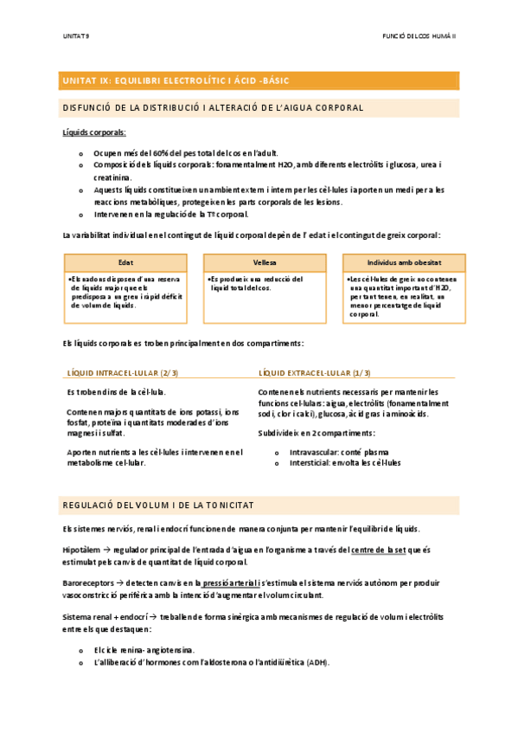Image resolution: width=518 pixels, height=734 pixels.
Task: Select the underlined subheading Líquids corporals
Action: point(94,132)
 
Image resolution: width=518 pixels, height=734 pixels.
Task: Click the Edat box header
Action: point(125,262)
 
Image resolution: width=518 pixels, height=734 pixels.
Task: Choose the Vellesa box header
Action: point(265,262)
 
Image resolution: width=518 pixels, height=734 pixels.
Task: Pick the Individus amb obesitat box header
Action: point(404,262)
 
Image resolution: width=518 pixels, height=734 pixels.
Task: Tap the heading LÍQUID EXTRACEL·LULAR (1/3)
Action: point(315,373)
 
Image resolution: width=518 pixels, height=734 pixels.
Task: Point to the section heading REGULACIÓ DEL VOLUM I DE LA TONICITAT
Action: point(157,505)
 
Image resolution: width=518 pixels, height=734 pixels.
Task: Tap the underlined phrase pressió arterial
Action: point(227,583)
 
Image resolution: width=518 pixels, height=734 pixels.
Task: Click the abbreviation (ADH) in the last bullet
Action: point(317,662)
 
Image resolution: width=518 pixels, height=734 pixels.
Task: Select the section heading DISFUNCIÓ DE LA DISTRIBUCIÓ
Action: point(213,107)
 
